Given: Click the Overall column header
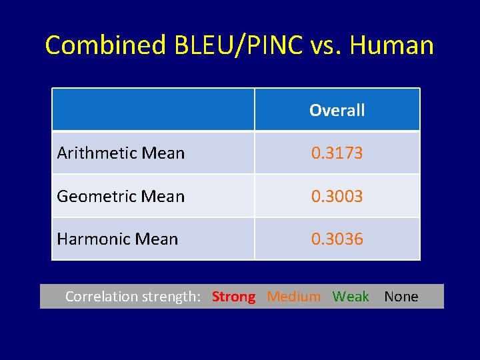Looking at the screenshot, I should pos(337,110).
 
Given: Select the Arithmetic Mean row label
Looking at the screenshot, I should pos(121,153).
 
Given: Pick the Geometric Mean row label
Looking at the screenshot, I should pos(121,196).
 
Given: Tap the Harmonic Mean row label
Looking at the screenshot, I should pos(117,239).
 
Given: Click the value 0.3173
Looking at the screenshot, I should pos(337,153).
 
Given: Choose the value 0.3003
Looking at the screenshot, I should pos(337,196).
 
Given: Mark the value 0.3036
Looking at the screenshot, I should pos(337,239).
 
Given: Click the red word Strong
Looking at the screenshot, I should pos(233,297).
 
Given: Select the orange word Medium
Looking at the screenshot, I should pos(293,297).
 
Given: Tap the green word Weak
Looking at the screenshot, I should pos(351,297).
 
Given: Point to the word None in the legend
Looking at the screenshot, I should pos(401,297).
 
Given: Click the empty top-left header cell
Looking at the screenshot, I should pos(153,110).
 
